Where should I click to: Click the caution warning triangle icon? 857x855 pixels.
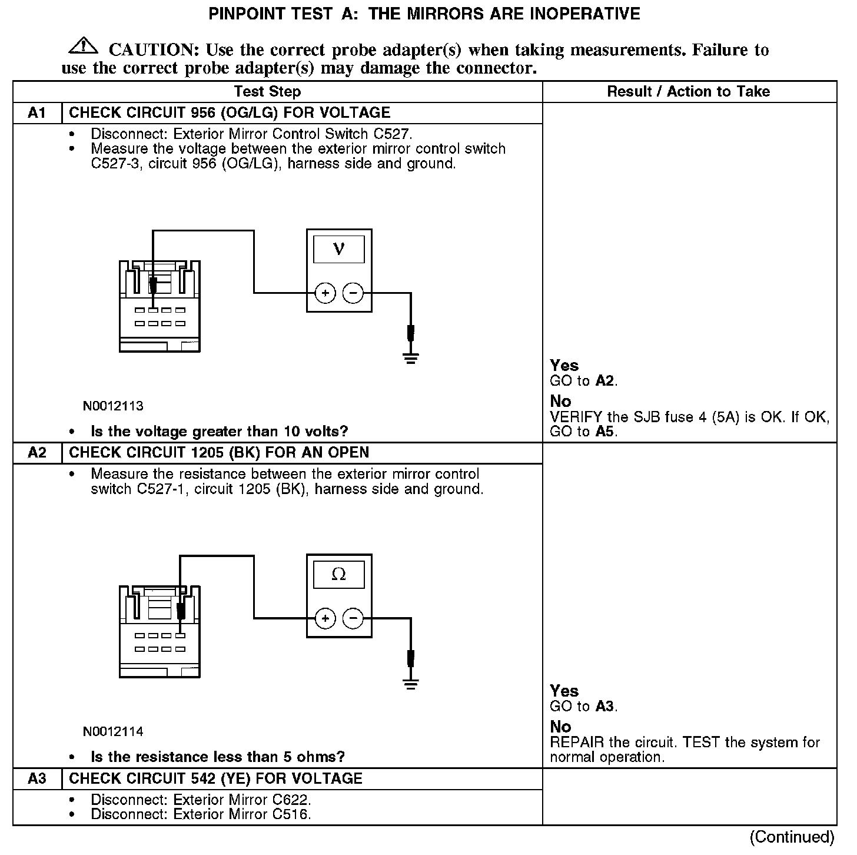[x=83, y=45]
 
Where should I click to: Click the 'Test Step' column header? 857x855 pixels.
[x=267, y=91]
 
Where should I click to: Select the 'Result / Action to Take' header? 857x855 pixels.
[x=688, y=91]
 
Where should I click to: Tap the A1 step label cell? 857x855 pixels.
[x=37, y=112]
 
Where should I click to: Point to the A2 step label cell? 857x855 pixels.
[x=37, y=452]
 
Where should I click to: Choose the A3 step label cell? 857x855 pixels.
[x=37, y=778]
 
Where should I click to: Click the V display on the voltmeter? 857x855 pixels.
[x=338, y=249]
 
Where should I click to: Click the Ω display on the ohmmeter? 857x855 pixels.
[x=338, y=575]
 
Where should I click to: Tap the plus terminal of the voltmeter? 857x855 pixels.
[x=325, y=293]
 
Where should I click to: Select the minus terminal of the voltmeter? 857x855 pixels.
[x=353, y=293]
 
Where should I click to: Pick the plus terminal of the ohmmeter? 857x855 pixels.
[x=325, y=618]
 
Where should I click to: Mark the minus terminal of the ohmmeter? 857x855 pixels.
[x=353, y=618]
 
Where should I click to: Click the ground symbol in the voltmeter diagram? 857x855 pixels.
[x=411, y=358]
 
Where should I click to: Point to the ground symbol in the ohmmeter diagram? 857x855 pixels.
[x=411, y=684]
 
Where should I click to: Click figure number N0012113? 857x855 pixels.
[x=113, y=406]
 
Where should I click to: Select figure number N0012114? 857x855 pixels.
[x=113, y=731]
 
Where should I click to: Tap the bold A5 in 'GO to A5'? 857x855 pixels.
[x=604, y=431]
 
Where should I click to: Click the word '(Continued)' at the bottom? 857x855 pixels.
[x=792, y=837]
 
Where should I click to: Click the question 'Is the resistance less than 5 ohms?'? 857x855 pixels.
[x=218, y=757]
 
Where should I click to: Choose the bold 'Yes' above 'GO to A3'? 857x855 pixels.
[x=564, y=691]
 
